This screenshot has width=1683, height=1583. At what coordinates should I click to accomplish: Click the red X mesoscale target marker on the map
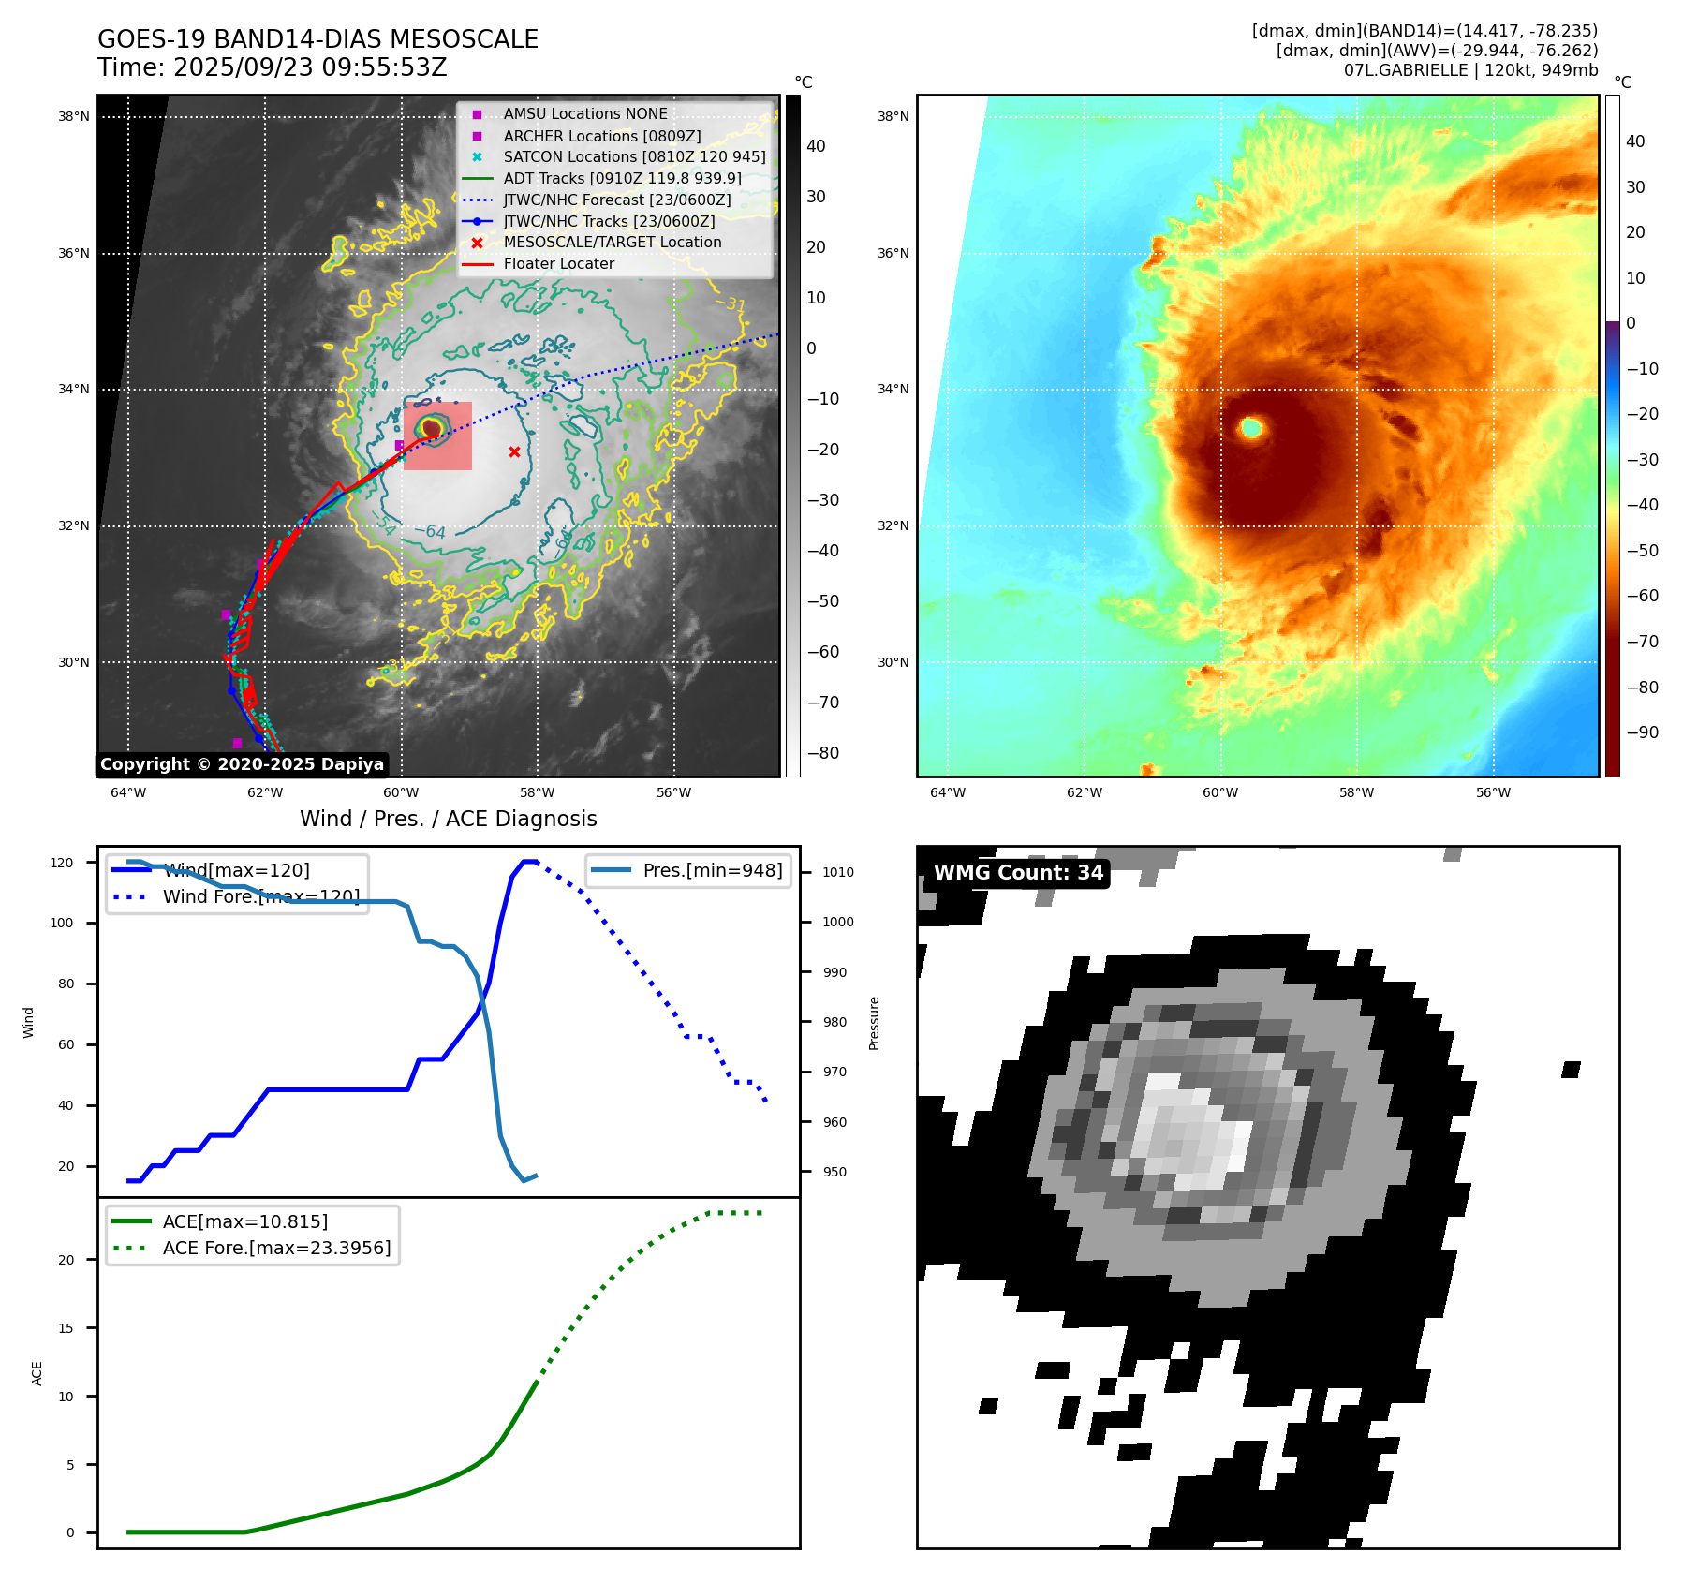[x=514, y=452]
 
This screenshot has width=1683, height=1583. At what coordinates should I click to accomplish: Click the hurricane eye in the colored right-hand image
[x=1251, y=429]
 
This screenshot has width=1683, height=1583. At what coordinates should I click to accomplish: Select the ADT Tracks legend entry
[x=622, y=178]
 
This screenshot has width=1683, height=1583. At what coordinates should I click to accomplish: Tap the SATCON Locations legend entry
[x=634, y=156]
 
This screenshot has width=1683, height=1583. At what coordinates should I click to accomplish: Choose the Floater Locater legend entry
[x=558, y=264]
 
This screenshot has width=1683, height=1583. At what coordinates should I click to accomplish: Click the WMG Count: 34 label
[x=1018, y=873]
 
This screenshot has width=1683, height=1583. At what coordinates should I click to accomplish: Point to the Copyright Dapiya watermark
[x=242, y=764]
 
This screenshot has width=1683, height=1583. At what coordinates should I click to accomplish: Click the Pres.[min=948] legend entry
[x=712, y=870]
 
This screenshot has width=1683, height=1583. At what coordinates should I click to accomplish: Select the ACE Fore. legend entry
[x=276, y=1248]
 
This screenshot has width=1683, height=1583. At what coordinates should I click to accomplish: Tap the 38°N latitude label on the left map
[x=74, y=117]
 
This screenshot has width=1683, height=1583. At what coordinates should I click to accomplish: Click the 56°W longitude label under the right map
[x=1493, y=792]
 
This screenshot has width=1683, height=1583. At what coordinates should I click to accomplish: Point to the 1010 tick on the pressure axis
[x=838, y=872]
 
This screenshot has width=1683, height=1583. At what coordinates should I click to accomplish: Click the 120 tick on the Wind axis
[x=62, y=863]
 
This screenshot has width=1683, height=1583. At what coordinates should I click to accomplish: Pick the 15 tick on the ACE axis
[x=66, y=1328]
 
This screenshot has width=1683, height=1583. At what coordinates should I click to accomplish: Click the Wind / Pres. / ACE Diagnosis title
[x=448, y=819]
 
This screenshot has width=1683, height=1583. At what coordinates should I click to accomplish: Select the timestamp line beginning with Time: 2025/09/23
[x=273, y=67]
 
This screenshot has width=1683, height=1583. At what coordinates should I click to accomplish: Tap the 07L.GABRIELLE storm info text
[x=1470, y=70]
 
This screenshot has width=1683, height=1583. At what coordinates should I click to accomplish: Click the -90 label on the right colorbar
[x=1642, y=732]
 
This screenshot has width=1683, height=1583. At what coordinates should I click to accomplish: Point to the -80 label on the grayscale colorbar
[x=823, y=753]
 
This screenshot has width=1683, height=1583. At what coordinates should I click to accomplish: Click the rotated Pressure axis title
[x=874, y=1023]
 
